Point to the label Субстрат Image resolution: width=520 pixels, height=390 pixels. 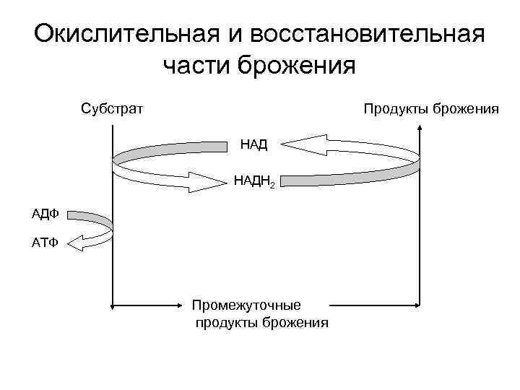(112, 109)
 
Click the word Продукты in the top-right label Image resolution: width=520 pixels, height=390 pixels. (396, 109)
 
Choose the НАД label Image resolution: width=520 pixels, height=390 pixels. (253, 144)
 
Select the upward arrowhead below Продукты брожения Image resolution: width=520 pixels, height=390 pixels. (420, 131)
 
